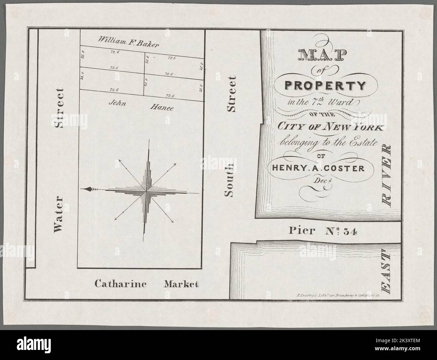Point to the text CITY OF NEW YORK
coord(330,128)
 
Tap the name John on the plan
coord(117,104)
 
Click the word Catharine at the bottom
coord(120,284)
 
